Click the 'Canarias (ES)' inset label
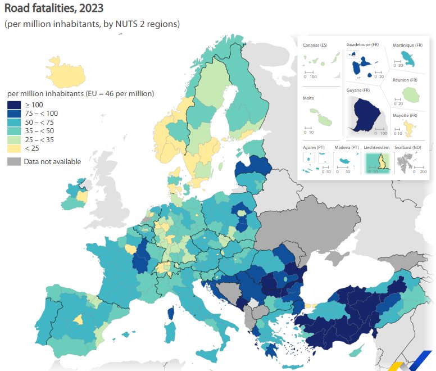315,45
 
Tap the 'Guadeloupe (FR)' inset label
362,44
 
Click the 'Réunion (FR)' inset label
405,80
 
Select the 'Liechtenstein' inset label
376,147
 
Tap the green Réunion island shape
413,96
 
